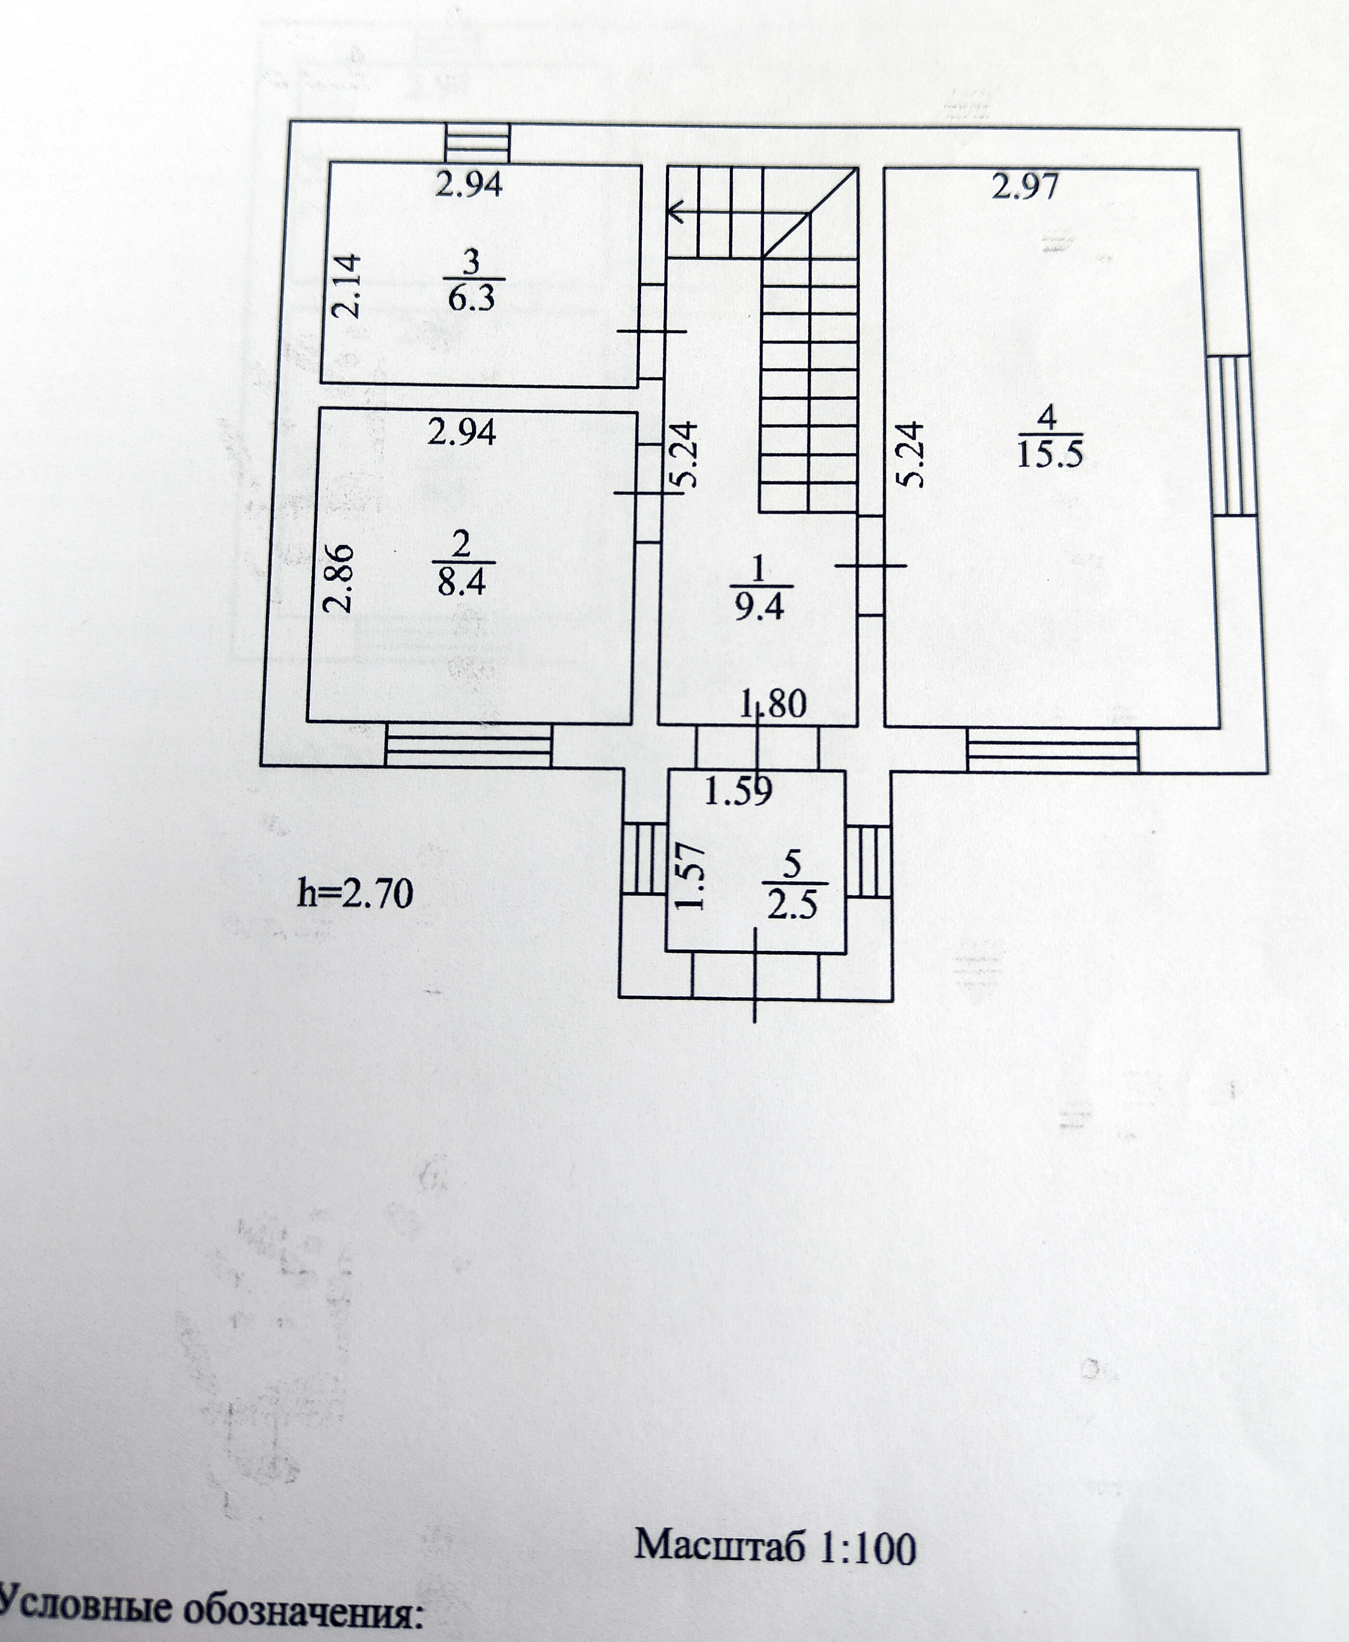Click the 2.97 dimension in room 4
click(x=1025, y=188)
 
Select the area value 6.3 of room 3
click(x=471, y=298)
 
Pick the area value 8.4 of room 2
click(x=462, y=581)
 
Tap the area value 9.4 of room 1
click(x=760, y=607)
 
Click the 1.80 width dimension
click(x=773, y=705)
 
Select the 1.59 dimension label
click(x=738, y=791)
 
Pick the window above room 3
click(x=478, y=143)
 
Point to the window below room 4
click(x=1053, y=749)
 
